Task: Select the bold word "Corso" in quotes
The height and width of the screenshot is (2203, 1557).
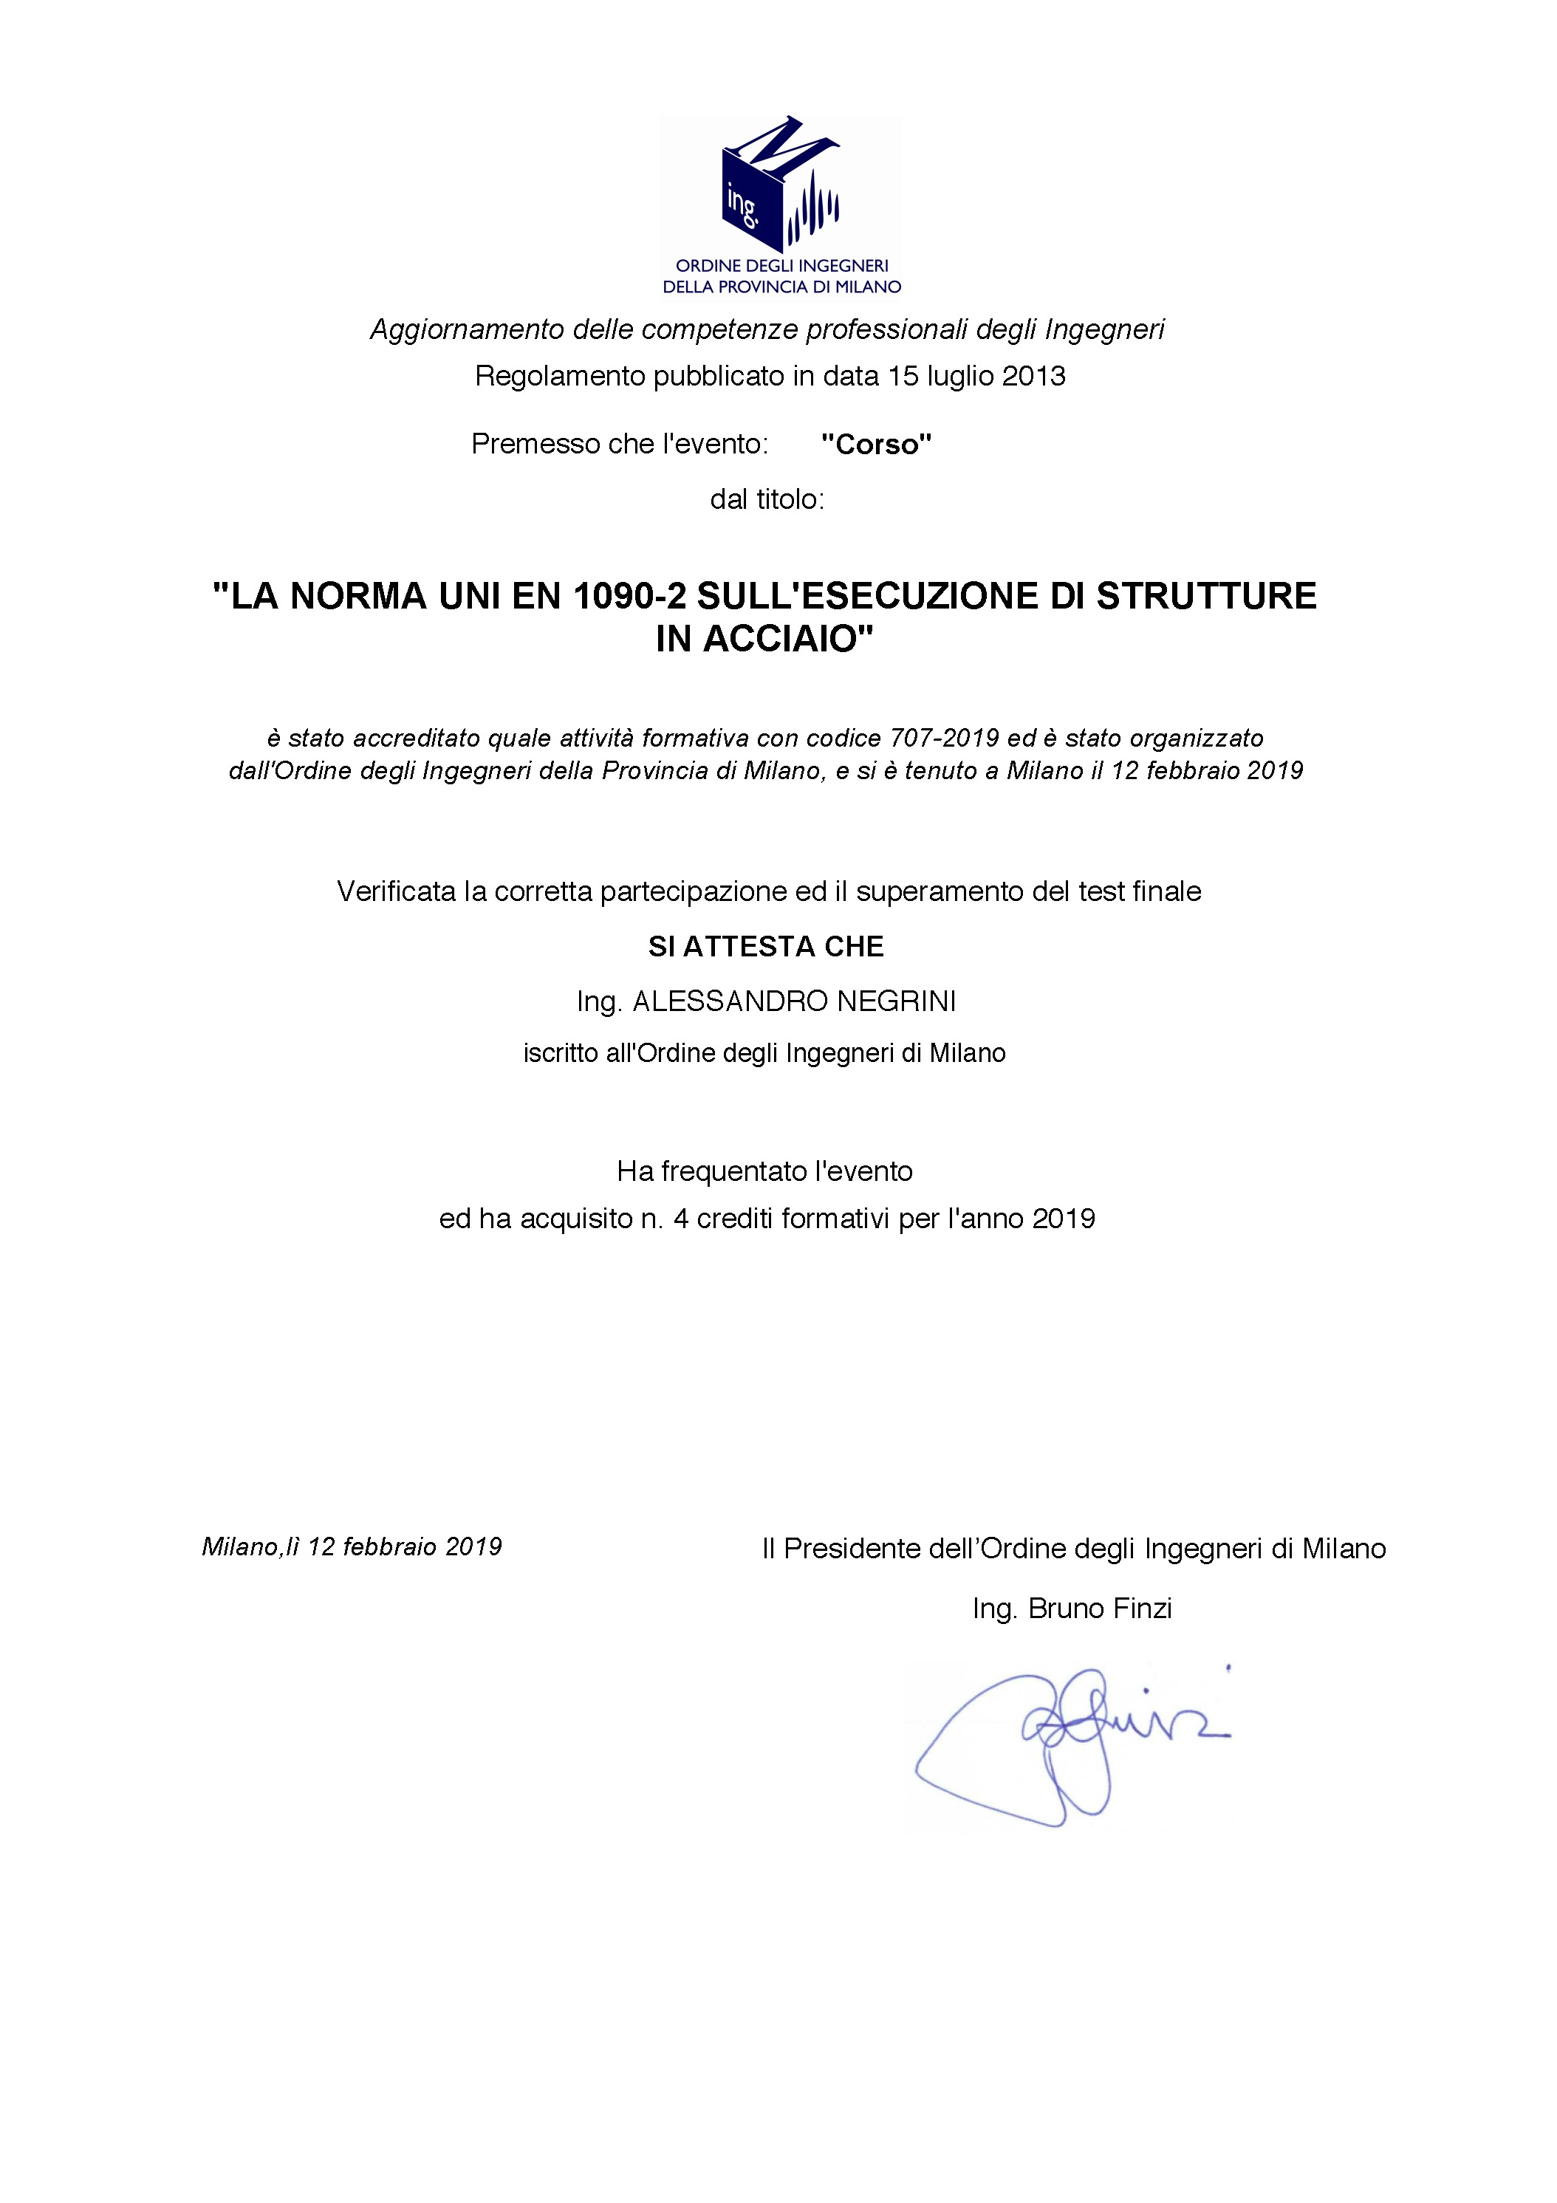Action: click(876, 445)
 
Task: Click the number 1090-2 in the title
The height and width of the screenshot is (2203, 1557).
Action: click(629, 596)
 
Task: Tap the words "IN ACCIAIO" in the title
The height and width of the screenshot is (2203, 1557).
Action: click(764, 639)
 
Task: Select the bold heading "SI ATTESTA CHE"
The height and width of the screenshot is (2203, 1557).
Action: click(765, 947)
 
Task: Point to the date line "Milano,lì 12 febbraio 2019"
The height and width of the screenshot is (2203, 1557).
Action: click(352, 1546)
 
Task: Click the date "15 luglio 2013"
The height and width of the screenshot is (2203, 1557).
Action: click(976, 375)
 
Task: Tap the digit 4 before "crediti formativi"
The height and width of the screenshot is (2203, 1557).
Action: click(681, 1219)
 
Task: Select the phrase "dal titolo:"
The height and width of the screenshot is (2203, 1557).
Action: click(767, 500)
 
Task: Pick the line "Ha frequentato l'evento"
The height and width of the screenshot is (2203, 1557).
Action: click(764, 1171)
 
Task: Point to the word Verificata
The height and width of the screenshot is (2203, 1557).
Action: click(396, 891)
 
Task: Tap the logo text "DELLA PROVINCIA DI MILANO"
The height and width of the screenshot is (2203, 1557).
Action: click(782, 287)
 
